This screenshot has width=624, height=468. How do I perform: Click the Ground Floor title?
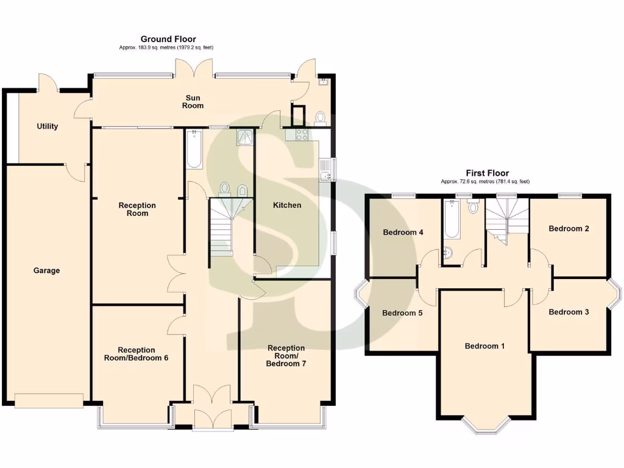[168, 39]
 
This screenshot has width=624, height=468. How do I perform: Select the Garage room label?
[46, 271]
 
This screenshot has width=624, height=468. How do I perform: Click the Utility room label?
[48, 126]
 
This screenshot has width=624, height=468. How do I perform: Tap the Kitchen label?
[286, 205]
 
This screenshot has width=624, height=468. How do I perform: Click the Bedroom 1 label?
[484, 346]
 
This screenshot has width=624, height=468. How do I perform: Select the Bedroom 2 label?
[569, 229]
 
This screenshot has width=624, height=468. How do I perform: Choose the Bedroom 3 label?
[569, 312]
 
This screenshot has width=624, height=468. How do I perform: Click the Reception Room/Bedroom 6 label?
[136, 354]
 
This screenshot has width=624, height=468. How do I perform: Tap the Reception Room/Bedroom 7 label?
[286, 356]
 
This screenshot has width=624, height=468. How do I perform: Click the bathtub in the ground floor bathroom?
[194, 149]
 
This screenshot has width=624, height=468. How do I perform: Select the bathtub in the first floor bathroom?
[452, 220]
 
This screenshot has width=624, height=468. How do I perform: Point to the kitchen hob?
[301, 135]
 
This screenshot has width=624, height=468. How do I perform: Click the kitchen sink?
[325, 170]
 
